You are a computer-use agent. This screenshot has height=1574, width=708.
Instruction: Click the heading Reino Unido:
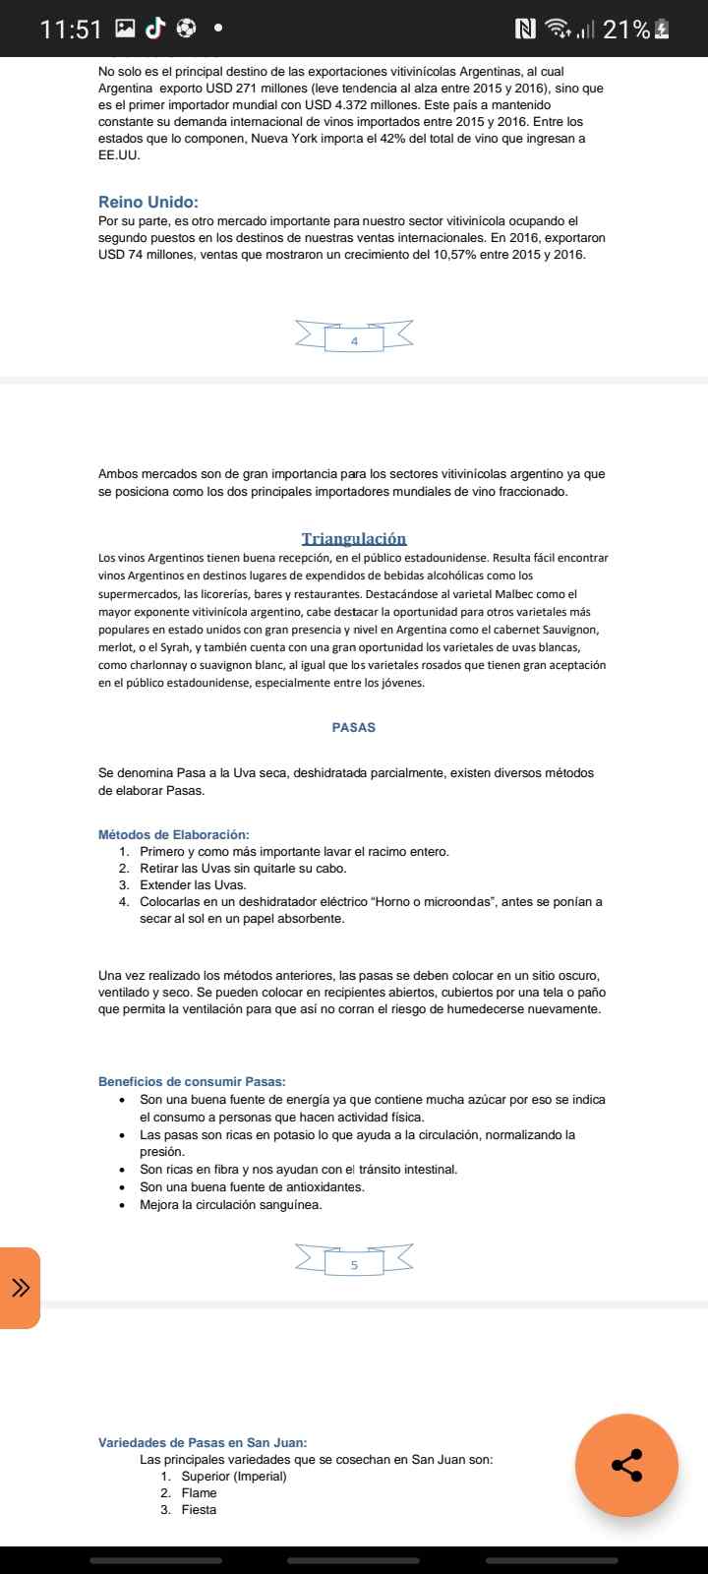click(147, 203)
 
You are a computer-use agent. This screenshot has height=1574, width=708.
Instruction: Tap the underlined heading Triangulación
click(354, 538)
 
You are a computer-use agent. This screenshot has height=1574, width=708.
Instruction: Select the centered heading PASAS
click(354, 728)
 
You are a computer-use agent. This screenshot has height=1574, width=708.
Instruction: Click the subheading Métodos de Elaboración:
click(174, 834)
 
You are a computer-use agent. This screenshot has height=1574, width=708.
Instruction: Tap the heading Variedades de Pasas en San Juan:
click(203, 1442)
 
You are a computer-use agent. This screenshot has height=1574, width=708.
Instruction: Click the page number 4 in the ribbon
click(354, 341)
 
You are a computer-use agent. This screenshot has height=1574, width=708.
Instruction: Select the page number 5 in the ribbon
click(354, 1265)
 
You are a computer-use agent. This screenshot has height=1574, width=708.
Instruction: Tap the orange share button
click(626, 1465)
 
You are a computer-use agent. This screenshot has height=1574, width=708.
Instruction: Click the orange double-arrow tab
click(20, 1288)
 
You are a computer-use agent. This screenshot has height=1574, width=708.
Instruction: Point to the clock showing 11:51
click(71, 30)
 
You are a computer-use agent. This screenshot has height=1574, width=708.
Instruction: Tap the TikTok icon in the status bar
click(155, 29)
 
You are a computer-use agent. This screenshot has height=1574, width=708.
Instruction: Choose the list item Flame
click(199, 1492)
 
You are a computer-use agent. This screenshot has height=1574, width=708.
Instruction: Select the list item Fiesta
click(199, 1509)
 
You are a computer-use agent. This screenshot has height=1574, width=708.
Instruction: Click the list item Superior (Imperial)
click(234, 1476)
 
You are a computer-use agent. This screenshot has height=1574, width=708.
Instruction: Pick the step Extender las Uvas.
click(193, 885)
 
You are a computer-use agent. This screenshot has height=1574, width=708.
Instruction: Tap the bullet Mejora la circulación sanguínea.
click(231, 1204)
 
